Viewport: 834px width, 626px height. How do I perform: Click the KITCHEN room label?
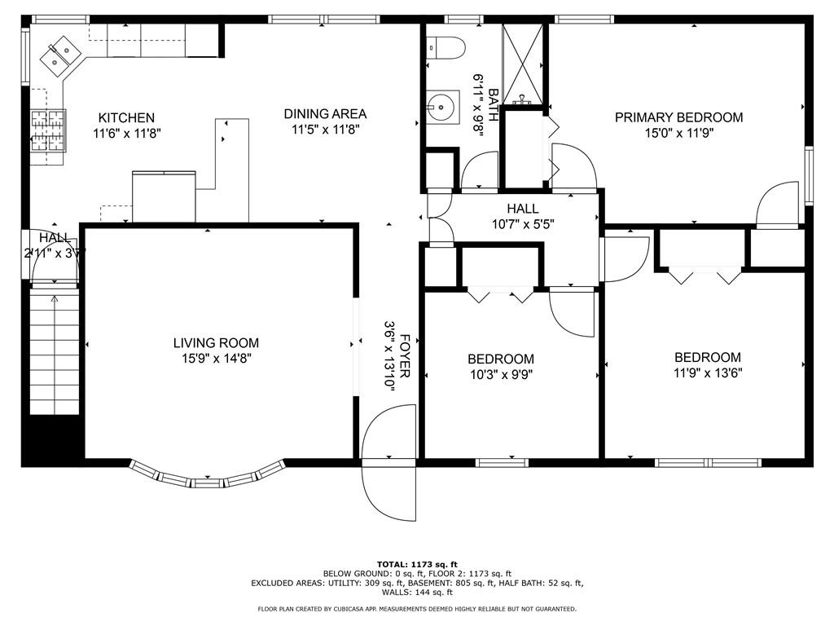pyautogui.click(x=126, y=117)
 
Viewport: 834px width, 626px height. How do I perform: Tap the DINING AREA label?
pyautogui.click(x=325, y=114)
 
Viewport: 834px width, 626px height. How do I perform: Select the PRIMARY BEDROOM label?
pyautogui.click(x=678, y=117)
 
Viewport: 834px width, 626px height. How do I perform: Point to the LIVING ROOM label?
pyautogui.click(x=216, y=343)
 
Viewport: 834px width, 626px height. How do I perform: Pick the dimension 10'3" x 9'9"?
pyautogui.click(x=501, y=375)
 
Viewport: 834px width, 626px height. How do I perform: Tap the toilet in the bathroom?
pyautogui.click(x=446, y=47)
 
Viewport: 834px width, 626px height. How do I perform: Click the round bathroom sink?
pyautogui.click(x=442, y=107)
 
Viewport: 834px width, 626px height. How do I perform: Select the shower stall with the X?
pyautogui.click(x=523, y=64)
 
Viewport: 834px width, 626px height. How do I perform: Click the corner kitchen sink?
pyautogui.click(x=59, y=55)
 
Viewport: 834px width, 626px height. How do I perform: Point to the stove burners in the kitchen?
pyautogui.click(x=48, y=131)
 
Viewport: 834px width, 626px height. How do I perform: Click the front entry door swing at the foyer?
pyautogui.click(x=388, y=462)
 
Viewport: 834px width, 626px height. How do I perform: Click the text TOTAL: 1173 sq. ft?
pyautogui.click(x=417, y=564)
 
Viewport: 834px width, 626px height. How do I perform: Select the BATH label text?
pyautogui.click(x=493, y=105)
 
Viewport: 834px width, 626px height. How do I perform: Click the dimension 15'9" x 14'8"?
pyautogui.click(x=216, y=359)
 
